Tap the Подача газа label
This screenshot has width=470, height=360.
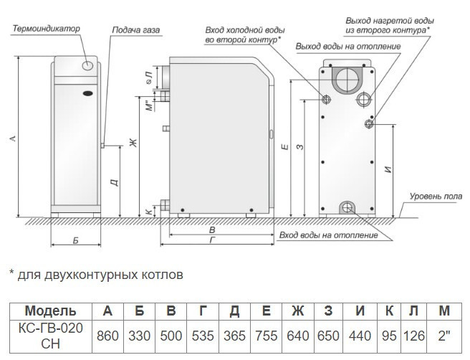click(136, 31)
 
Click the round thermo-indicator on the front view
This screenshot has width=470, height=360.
click(88, 66)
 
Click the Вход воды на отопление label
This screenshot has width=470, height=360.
click(328, 235)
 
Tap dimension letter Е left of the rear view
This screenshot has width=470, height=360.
click(285, 148)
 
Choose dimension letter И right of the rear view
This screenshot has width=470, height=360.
click(387, 170)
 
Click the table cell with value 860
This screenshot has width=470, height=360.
click(107, 335)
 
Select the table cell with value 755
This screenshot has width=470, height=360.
click(266, 335)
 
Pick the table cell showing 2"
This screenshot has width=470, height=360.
click(444, 335)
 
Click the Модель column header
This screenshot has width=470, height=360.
click(49, 311)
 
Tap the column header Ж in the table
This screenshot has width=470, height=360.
click(297, 311)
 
